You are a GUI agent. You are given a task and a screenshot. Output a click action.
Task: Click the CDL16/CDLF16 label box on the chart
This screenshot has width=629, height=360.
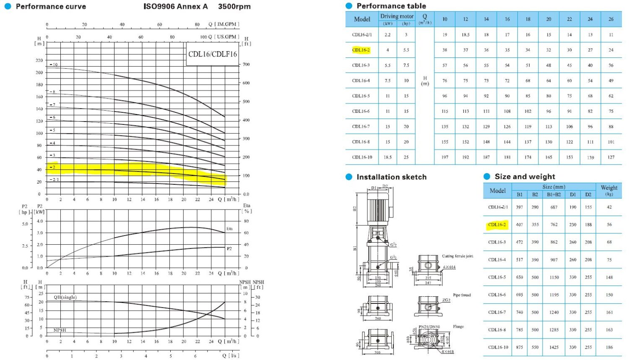point(212,54)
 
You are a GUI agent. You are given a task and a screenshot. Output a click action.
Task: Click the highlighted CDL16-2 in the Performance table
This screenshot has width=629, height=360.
point(361,50)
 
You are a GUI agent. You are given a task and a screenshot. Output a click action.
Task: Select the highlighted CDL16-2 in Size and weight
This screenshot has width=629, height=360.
point(497,225)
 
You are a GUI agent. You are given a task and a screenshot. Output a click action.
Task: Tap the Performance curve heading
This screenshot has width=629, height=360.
point(51,7)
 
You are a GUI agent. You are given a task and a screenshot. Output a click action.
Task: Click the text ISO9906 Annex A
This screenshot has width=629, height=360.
point(175,7)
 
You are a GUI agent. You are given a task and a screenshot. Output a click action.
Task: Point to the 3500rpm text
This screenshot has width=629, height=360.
point(234,7)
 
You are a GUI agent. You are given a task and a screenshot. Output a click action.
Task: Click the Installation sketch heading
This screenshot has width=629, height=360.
point(391,177)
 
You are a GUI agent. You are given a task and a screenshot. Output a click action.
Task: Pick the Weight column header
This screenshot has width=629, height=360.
point(609,190)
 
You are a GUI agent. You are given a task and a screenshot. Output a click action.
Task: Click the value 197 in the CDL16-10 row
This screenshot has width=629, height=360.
point(444,158)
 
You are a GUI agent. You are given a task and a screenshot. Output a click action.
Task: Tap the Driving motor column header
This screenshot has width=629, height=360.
point(397,16)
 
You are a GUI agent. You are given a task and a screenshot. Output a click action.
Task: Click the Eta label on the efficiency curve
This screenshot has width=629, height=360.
point(229,229)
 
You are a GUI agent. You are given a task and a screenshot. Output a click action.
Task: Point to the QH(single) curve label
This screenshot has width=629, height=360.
point(65,297)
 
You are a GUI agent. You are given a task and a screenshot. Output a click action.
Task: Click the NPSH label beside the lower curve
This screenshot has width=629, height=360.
point(60,330)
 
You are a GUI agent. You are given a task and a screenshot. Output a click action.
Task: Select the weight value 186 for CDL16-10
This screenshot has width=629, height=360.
point(609,347)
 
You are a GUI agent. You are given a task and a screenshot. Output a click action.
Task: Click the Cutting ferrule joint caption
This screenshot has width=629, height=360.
point(457,256)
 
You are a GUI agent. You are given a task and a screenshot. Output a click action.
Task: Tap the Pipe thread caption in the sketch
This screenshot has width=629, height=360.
point(462,295)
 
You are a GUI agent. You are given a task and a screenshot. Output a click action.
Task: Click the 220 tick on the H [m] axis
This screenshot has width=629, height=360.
point(39,60)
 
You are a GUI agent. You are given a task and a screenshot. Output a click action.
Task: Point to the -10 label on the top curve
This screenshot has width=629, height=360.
point(54,65)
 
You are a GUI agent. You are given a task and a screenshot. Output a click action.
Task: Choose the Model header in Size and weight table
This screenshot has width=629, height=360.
point(497,191)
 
